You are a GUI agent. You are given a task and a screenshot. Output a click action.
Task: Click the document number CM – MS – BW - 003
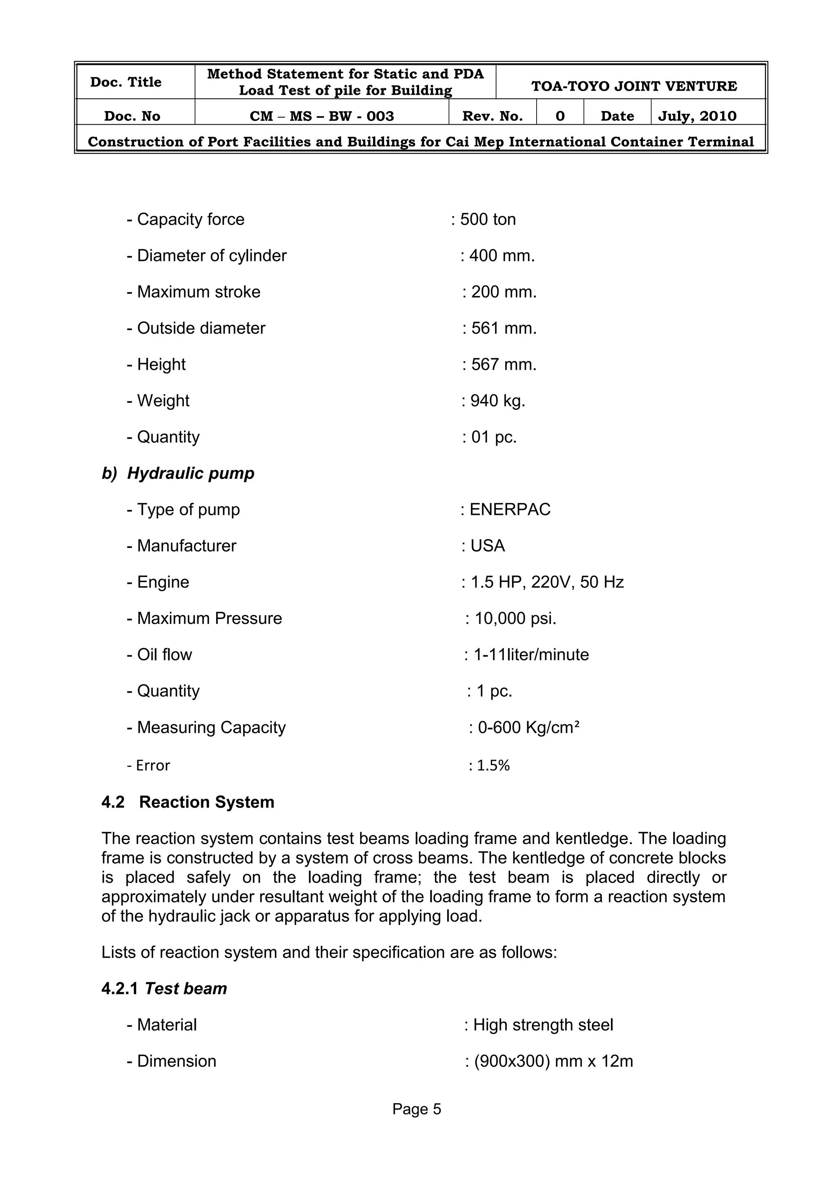point(322,116)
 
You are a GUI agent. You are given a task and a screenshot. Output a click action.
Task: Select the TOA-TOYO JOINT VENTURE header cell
point(634,86)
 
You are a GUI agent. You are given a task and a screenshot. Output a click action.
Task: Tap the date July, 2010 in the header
point(697,116)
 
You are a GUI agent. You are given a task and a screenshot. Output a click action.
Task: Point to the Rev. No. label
point(492,116)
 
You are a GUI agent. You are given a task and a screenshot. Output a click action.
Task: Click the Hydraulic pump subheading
point(178,474)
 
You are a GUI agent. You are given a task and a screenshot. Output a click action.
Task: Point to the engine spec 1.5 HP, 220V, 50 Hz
point(547,582)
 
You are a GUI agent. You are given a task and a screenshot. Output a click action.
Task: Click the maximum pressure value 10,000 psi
point(515,618)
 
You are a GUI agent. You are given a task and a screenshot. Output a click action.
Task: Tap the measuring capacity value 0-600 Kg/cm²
point(528,728)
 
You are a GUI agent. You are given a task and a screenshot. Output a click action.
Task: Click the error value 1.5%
point(492,766)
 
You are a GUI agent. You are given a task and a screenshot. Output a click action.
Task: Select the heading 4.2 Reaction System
point(188,802)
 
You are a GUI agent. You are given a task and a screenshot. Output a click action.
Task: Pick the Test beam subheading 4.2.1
point(164,989)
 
